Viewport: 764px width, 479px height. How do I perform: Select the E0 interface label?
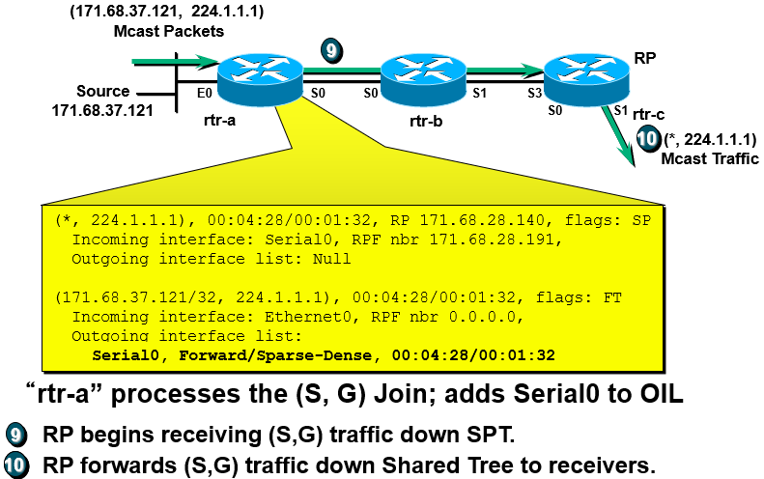[204, 94]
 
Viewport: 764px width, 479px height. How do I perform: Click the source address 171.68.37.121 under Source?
[102, 110]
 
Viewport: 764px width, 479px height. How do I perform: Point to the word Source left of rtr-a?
[103, 91]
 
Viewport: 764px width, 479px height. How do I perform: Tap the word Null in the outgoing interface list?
[333, 259]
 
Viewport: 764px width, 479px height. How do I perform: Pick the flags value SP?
[641, 220]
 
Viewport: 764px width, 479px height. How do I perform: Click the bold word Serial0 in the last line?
[125, 354]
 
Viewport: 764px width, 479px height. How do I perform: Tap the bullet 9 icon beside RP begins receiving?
[16, 435]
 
